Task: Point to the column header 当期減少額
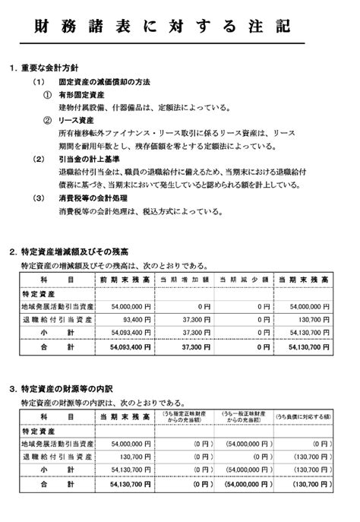243,280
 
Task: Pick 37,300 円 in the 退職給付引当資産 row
191,319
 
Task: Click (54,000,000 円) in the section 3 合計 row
247,483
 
